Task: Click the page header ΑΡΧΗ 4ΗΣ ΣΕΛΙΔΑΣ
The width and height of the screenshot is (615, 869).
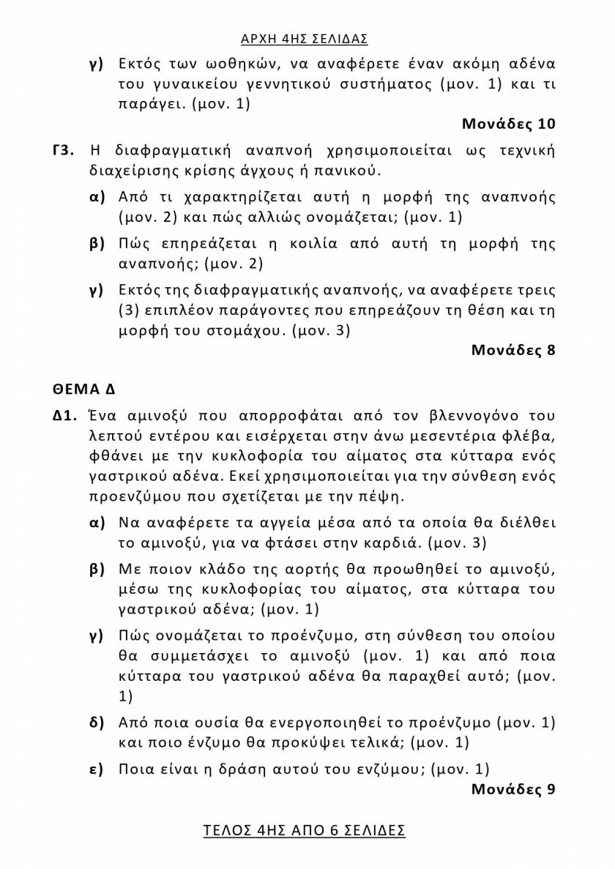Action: click(304, 38)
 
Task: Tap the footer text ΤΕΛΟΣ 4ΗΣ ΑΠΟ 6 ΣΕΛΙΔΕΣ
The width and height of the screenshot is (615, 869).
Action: click(304, 831)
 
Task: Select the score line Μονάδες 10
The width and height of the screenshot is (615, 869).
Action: click(509, 124)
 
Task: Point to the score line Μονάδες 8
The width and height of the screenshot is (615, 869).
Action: click(513, 351)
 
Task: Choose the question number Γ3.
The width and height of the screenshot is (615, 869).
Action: click(64, 152)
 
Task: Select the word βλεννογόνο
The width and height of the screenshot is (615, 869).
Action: click(474, 417)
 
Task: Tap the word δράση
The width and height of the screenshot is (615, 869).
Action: click(291, 769)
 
